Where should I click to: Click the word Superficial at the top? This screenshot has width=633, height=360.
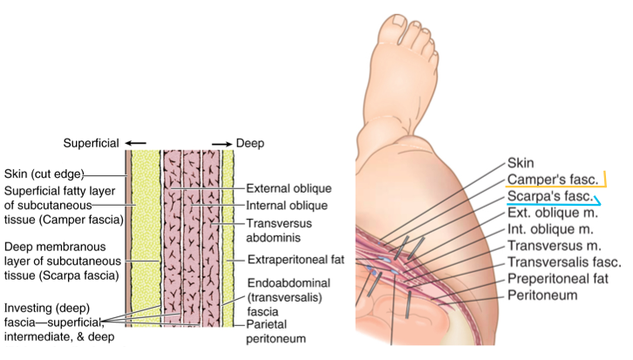[90, 143]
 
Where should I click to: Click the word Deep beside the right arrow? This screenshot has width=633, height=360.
[251, 143]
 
